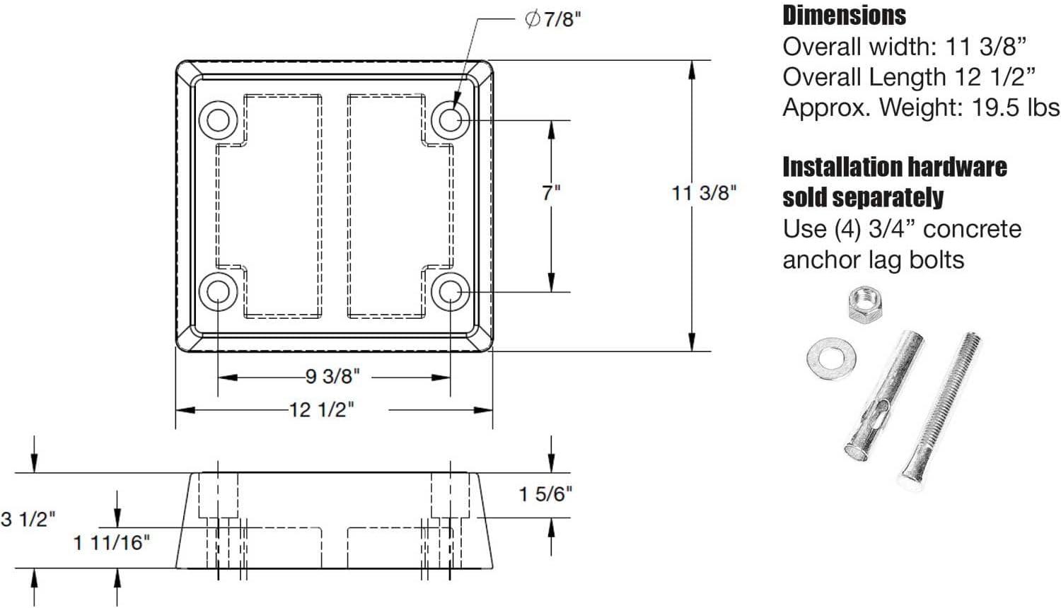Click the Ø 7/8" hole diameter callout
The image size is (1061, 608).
552,20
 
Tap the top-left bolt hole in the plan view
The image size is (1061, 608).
218,119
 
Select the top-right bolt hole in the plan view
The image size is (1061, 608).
451,119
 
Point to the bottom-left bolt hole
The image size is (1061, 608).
218,292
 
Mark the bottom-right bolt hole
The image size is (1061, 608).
451,292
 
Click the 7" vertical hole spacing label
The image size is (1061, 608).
551,192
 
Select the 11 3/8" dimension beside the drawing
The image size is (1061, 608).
704,192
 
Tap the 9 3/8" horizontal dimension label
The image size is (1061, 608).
332,377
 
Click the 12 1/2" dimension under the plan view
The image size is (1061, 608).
321,409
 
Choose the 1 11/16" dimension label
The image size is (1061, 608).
112,543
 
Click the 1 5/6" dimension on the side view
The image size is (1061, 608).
545,493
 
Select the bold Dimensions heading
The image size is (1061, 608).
844,16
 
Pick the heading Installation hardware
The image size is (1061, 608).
894,168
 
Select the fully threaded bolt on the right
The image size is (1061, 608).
937,410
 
